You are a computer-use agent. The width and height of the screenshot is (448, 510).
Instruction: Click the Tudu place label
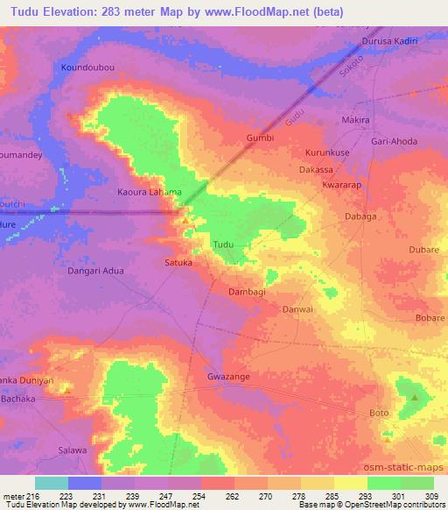(222, 244)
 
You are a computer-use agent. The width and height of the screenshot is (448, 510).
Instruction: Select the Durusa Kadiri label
(390, 41)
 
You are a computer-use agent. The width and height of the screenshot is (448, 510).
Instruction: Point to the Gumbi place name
(261, 138)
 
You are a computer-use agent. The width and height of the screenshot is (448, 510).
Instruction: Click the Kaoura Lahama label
(150, 192)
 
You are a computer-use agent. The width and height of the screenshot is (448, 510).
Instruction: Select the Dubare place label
(423, 250)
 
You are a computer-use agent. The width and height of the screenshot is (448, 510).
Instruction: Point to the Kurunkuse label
(327, 152)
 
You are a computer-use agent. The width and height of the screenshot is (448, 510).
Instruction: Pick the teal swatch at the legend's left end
(51, 483)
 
